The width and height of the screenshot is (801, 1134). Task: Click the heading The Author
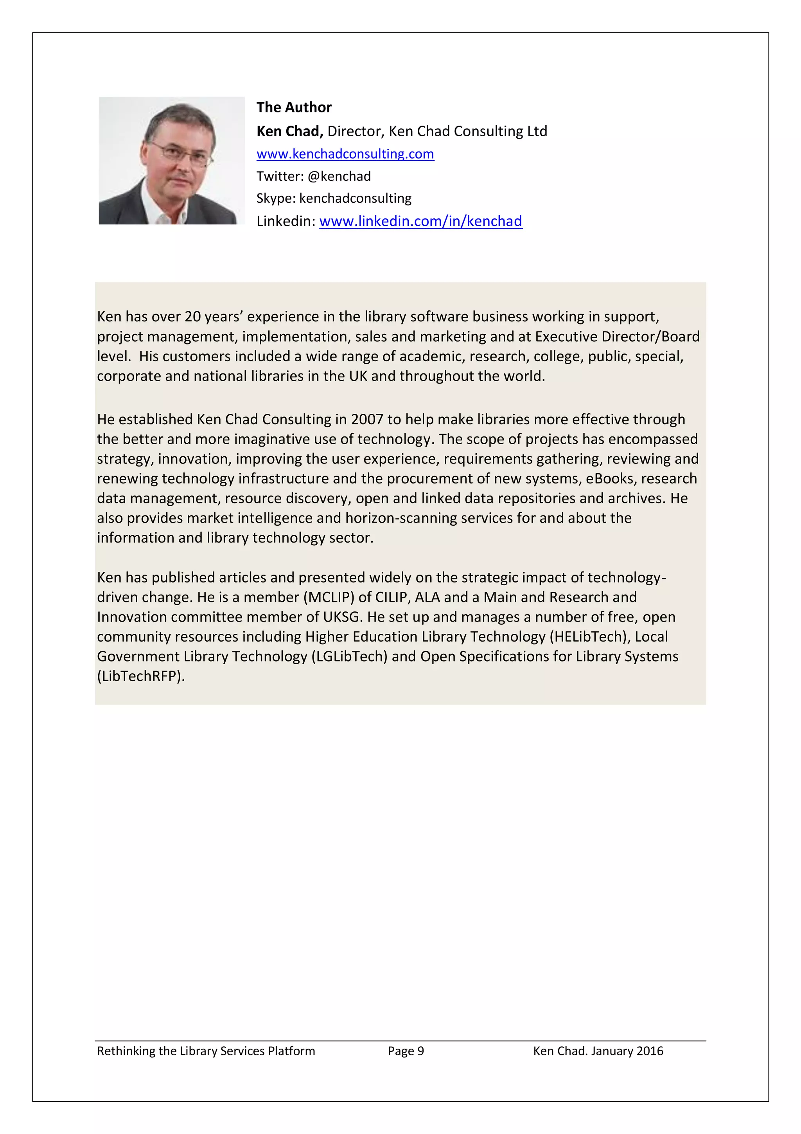click(294, 107)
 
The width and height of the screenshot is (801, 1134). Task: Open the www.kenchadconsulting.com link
click(345, 154)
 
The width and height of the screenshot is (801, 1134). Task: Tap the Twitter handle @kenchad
click(339, 176)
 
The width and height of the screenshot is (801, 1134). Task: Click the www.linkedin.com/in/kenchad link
click(420, 221)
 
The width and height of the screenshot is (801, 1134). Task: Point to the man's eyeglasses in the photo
click(180, 153)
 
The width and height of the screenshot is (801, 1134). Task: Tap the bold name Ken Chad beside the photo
click(289, 132)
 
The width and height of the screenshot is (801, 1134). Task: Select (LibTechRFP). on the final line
click(141, 676)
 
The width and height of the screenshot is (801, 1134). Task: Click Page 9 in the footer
click(405, 1051)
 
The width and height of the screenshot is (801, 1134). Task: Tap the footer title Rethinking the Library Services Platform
click(206, 1051)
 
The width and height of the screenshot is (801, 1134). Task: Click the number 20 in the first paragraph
click(192, 317)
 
